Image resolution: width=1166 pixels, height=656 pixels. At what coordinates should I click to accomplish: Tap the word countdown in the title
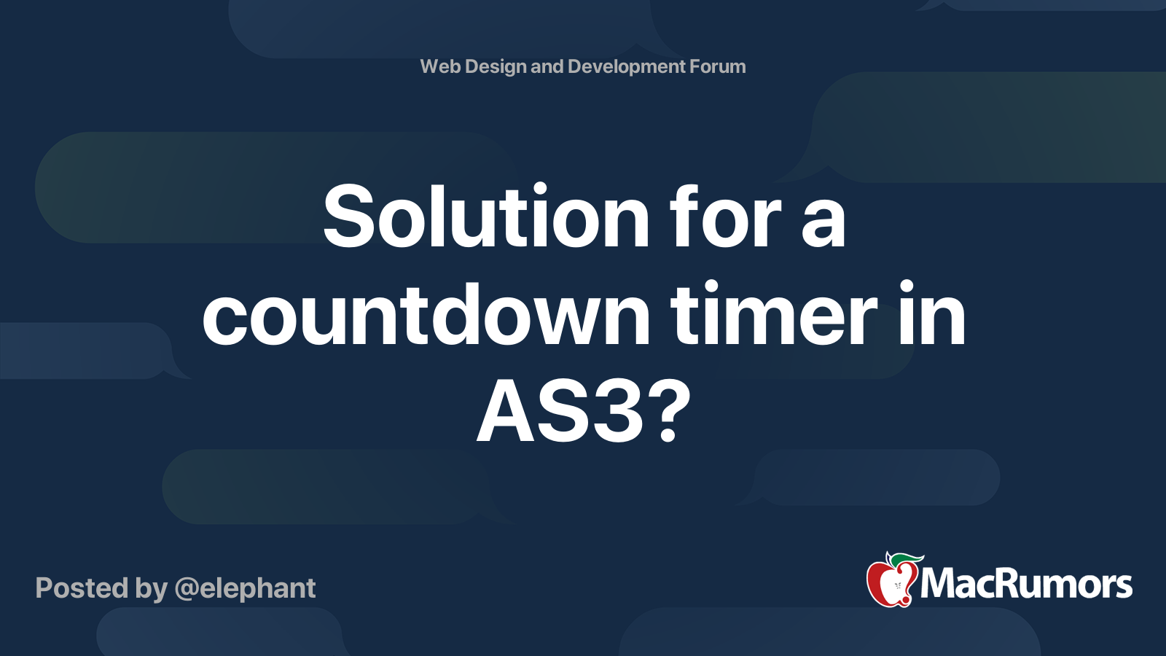click(426, 316)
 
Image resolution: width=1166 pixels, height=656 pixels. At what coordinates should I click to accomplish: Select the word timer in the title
click(774, 316)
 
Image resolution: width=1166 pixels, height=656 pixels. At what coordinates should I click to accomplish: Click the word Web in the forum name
click(440, 66)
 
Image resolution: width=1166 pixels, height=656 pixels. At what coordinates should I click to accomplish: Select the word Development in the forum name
click(626, 66)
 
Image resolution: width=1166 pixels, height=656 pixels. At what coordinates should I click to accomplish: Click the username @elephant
click(245, 588)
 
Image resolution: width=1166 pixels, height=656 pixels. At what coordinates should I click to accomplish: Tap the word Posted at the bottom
click(82, 588)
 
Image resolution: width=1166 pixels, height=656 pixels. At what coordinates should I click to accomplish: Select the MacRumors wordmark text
click(1026, 585)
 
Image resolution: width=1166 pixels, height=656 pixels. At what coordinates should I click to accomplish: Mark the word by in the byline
click(152, 588)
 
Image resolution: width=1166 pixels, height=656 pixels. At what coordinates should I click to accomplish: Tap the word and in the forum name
click(547, 66)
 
